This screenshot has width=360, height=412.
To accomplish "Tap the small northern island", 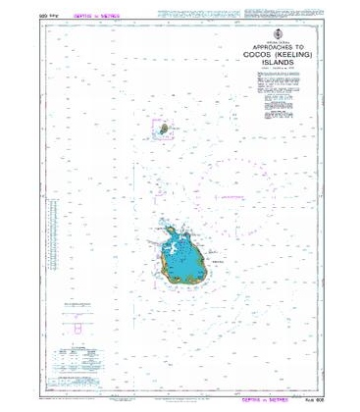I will [x=158, y=127].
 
